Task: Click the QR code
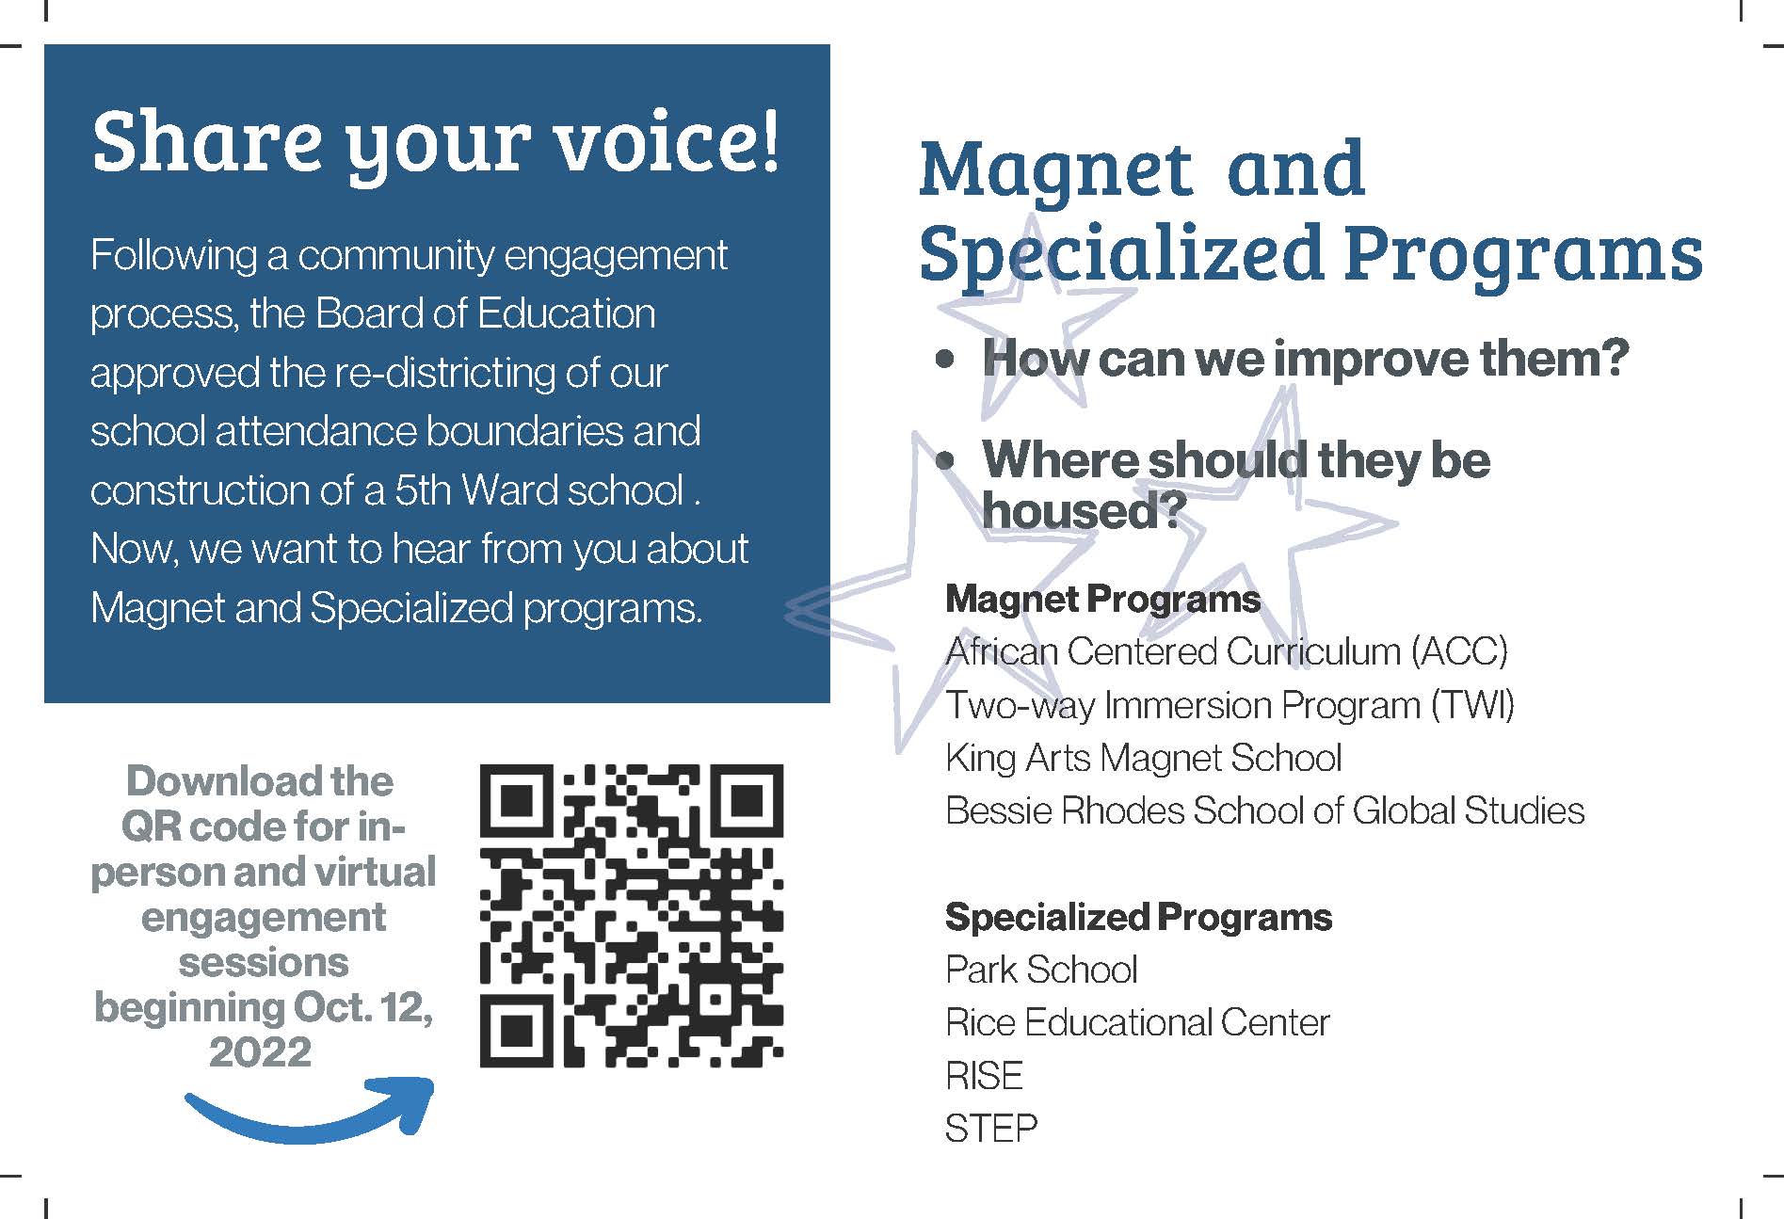631,916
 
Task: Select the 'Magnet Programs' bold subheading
1102,600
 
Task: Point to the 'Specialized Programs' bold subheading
1138,917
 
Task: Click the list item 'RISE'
984,1076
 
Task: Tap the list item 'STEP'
990,1129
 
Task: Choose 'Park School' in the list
1041,970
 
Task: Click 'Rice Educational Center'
1137,1023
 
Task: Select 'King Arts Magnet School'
1143,758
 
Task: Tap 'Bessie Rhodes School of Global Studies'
1264,810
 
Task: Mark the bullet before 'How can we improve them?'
946,360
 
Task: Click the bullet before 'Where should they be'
946,461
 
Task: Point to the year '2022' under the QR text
260,1051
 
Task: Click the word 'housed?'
1083,511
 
